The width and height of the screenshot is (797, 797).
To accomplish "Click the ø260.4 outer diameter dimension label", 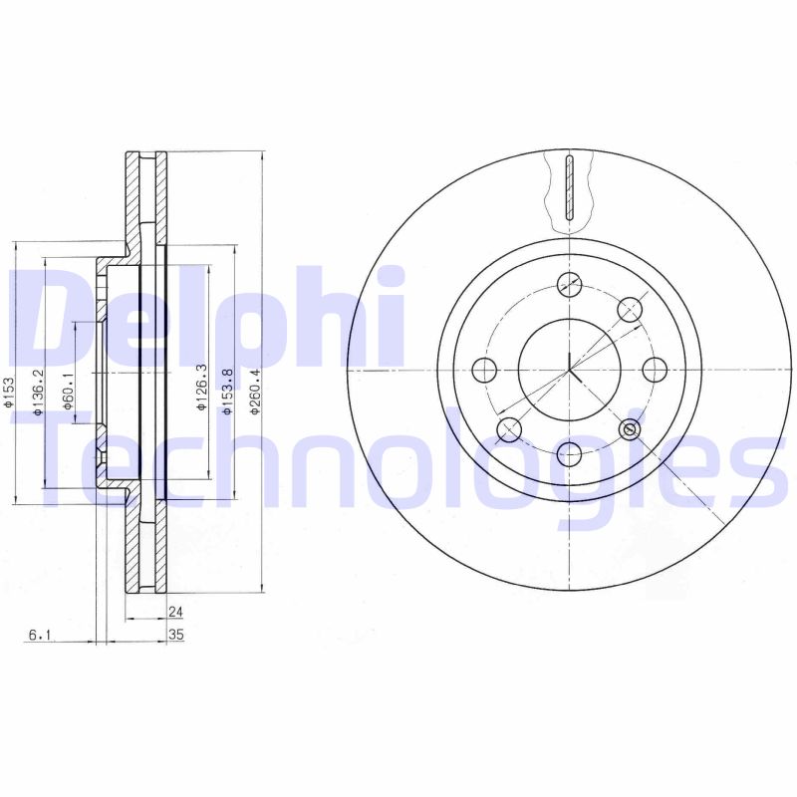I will point(255,392).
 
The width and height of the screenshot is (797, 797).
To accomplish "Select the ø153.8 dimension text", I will point(228,392).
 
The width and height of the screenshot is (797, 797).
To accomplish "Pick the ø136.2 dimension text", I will point(38,392).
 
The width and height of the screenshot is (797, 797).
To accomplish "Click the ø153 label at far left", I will point(8,391).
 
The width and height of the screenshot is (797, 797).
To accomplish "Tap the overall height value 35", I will point(176,635).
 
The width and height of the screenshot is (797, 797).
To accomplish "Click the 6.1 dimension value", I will point(39,635).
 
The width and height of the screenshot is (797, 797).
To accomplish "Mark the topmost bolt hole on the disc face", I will point(569,284).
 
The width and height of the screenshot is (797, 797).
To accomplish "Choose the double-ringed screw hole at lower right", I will point(630,429).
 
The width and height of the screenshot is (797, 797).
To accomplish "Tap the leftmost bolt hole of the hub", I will point(483,370).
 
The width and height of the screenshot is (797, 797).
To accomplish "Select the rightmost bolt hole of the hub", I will point(655,370).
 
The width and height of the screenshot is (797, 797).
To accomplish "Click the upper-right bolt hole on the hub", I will point(629,310).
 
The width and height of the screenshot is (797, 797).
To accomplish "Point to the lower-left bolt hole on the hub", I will point(509,430).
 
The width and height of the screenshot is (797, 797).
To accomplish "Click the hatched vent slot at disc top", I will point(568,187).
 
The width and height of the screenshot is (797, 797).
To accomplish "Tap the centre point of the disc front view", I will point(569,370).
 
